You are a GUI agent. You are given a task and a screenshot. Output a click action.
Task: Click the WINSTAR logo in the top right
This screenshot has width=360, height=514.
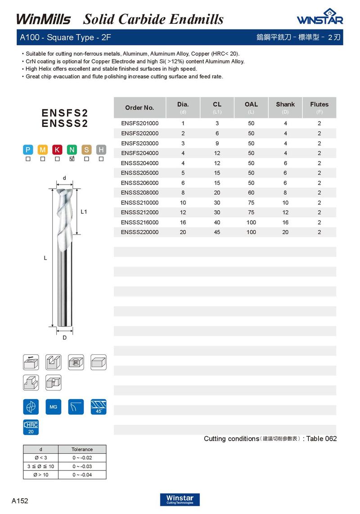coord(319,17)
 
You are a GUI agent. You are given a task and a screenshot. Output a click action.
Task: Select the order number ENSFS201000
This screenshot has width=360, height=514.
coord(139,123)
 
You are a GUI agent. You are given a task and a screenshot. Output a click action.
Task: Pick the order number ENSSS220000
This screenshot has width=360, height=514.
coord(139,232)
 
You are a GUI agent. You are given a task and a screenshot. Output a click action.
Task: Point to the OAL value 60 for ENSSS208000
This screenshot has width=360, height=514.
coord(251,193)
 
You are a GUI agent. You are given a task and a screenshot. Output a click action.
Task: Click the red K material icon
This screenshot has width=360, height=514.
coord(57,150)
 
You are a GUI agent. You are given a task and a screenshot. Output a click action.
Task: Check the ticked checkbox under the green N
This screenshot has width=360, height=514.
coord(72,159)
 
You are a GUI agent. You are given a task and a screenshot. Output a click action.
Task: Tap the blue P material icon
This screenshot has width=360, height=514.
coord(28,150)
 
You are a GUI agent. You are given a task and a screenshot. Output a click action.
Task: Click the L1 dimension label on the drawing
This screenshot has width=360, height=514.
coord(84,212)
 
